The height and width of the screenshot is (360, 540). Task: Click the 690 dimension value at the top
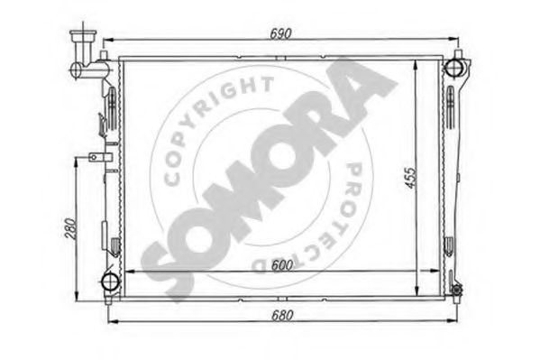pyautogui.click(x=280, y=33)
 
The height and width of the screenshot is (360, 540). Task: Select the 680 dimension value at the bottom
pyautogui.click(x=282, y=316)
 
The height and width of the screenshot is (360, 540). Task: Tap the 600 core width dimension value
pyautogui.click(x=282, y=265)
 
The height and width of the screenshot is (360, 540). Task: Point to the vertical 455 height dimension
pyautogui.click(x=410, y=178)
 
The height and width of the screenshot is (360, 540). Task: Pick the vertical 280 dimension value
pyautogui.click(x=70, y=228)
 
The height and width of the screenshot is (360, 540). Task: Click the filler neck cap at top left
pyautogui.click(x=83, y=35)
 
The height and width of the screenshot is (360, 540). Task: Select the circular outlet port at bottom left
pyautogui.click(x=111, y=282)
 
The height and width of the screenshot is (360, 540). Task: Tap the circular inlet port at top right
pyautogui.click(x=453, y=68)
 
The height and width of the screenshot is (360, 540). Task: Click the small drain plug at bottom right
pyautogui.click(x=457, y=290)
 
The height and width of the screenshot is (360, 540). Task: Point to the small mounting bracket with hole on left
pyautogui.click(x=100, y=158)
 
